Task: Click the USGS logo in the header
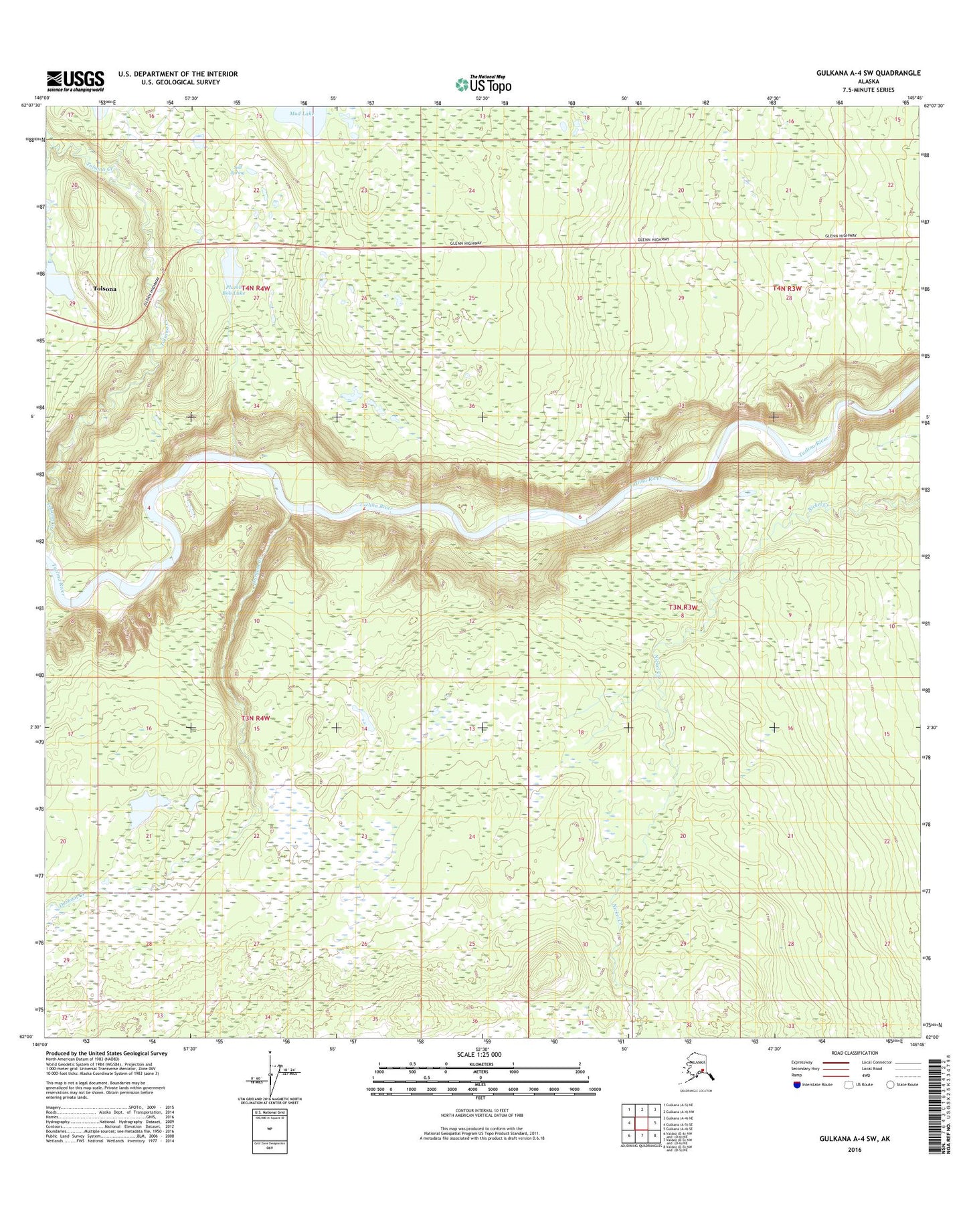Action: (75, 80)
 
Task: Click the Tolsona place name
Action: (105, 289)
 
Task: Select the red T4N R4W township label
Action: (256, 288)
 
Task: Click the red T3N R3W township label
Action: (683, 607)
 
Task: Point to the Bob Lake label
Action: (234, 293)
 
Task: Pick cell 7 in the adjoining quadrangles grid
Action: (642, 1135)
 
